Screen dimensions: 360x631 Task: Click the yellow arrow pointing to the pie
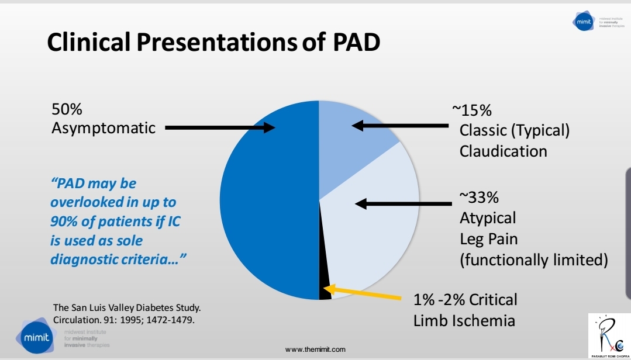coord(363,294)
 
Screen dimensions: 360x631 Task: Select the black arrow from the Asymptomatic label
coord(219,127)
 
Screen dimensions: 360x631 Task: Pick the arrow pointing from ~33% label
coord(404,204)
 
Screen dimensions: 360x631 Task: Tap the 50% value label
coord(67,109)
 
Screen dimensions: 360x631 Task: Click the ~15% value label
coord(471,110)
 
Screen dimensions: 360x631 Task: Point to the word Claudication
coord(503,151)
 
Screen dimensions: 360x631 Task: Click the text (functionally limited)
coord(533,259)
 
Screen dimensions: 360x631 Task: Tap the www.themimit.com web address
coord(315,349)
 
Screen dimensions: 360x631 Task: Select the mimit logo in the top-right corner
coord(585,21)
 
